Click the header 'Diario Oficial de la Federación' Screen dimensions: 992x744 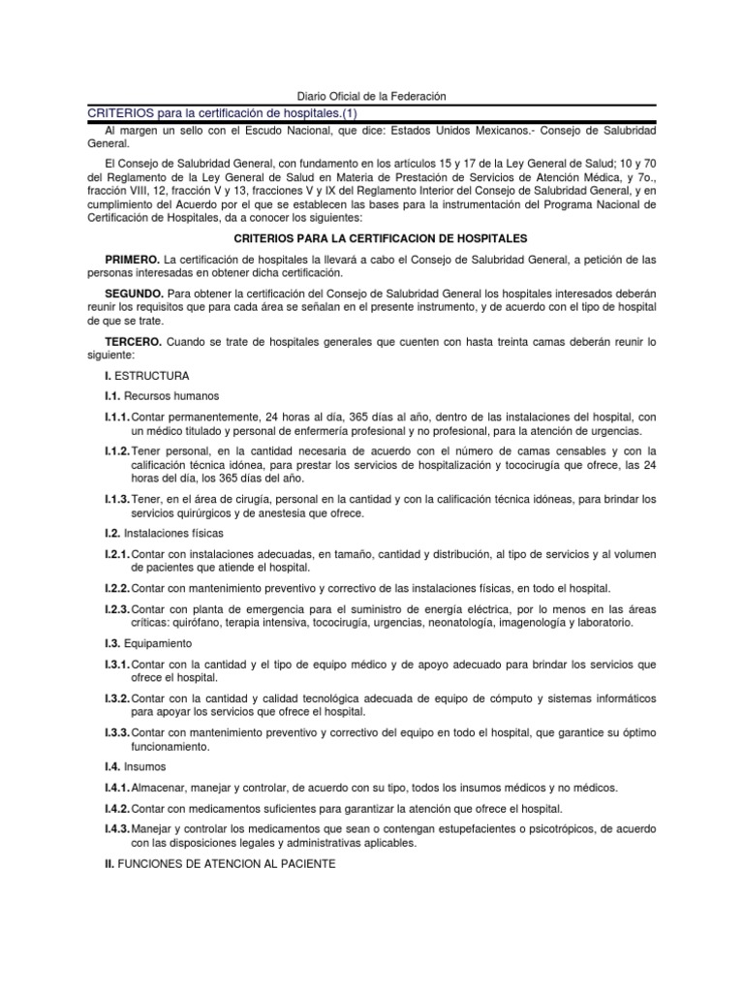371,96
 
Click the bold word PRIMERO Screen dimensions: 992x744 133,259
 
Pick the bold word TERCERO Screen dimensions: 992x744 134,342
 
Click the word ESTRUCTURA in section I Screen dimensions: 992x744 153,375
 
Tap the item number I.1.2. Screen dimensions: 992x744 117,450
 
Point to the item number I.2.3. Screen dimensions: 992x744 117,608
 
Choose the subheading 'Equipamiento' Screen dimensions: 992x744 163,643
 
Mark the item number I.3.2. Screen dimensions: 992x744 117,697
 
